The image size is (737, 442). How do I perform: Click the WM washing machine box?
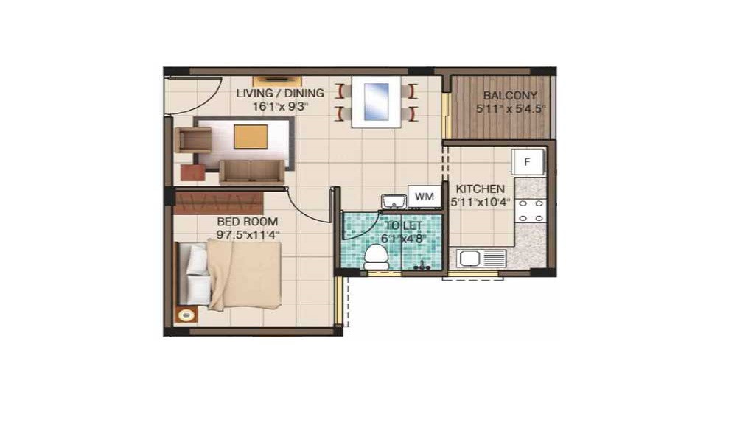424,197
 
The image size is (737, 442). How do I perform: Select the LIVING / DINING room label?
279,93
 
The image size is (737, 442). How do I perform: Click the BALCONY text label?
509,96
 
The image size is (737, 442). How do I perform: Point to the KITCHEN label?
480,189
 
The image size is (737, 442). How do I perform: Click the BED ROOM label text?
248,221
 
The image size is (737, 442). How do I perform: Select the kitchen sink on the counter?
481,259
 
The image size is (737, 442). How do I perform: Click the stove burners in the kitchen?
531,210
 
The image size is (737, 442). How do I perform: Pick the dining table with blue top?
376,102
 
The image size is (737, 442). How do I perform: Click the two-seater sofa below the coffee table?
251,172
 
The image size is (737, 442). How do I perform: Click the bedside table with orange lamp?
186,315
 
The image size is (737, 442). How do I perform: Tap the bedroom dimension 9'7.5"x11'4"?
248,234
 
